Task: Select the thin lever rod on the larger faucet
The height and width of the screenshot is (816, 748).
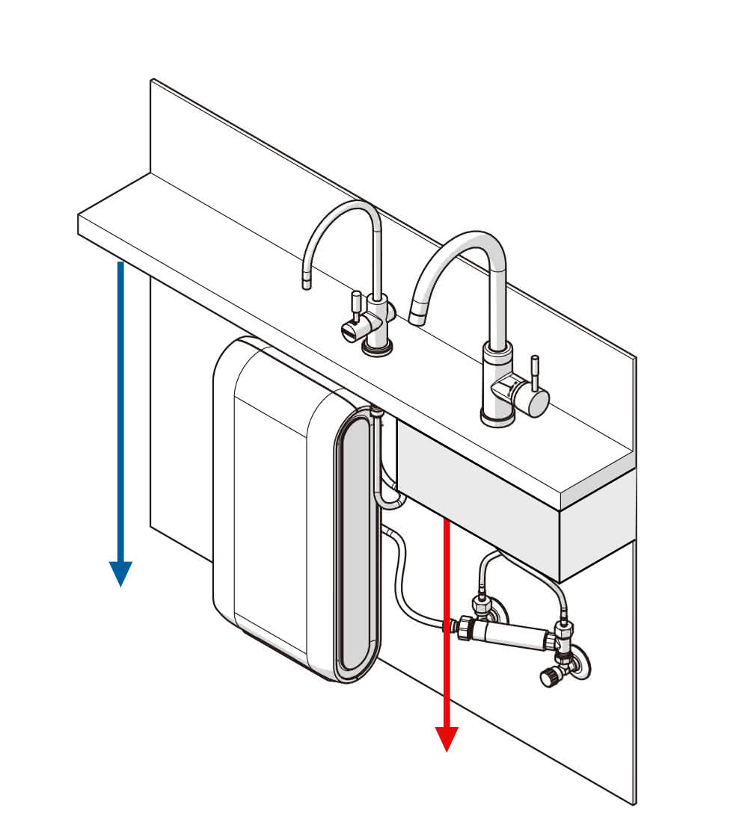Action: pyautogui.click(x=535, y=371)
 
